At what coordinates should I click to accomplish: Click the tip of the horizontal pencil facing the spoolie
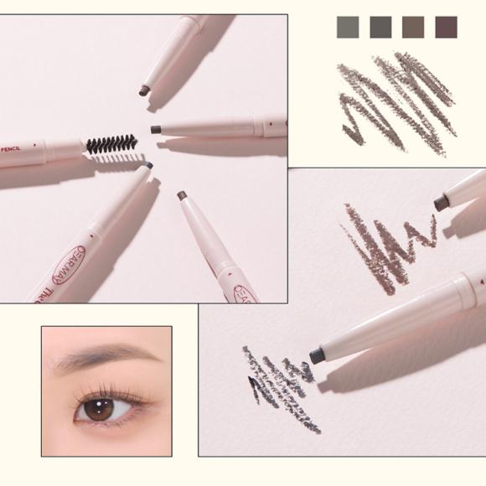[156, 129]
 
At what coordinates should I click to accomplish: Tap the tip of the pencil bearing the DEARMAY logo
[147, 166]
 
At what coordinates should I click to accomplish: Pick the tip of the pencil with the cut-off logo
[181, 195]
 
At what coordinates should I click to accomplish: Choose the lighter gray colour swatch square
[347, 28]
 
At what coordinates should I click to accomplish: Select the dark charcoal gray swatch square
[380, 28]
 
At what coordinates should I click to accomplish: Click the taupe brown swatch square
[413, 28]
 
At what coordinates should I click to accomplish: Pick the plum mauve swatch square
[447, 28]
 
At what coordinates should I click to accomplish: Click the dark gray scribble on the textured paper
[281, 385]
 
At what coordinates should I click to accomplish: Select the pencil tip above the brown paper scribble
[440, 203]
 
